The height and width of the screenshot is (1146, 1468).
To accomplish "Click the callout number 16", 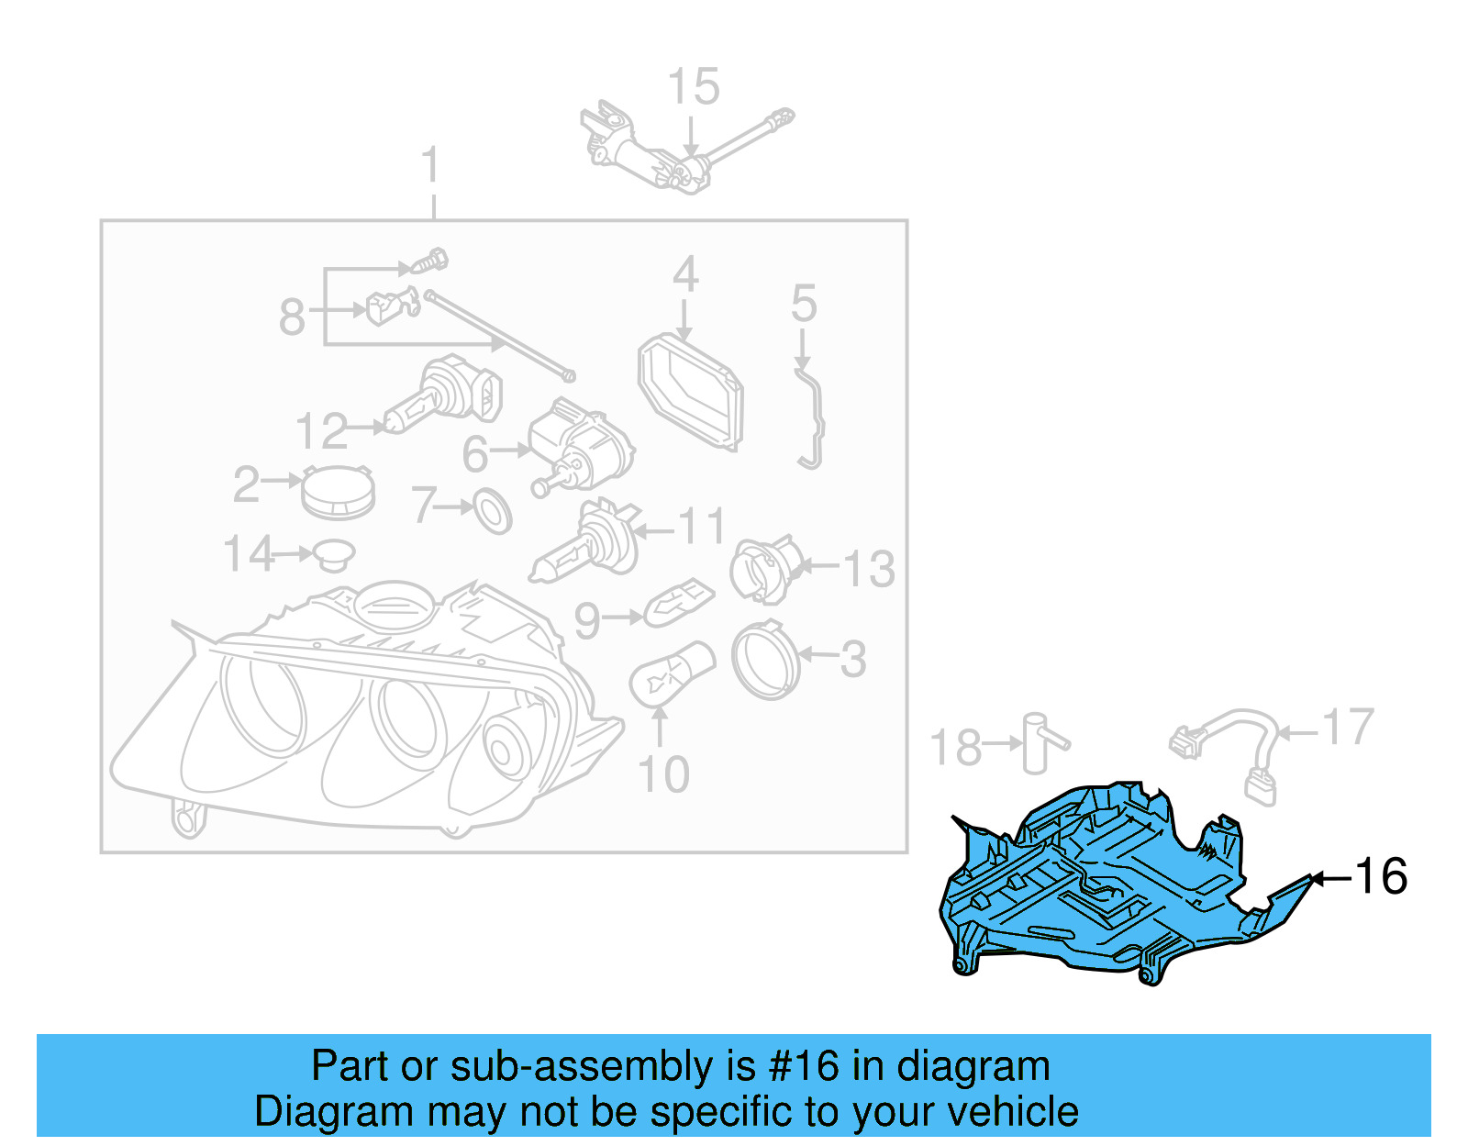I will point(1380,876).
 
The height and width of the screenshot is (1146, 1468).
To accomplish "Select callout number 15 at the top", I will point(693,88).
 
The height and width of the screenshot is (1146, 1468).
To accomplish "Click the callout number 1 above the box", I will point(431,167).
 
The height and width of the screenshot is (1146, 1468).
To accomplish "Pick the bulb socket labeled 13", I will point(763,569).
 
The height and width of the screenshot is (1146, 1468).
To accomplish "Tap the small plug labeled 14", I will point(333,554).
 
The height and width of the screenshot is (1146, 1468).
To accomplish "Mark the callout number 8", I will point(292,318).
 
